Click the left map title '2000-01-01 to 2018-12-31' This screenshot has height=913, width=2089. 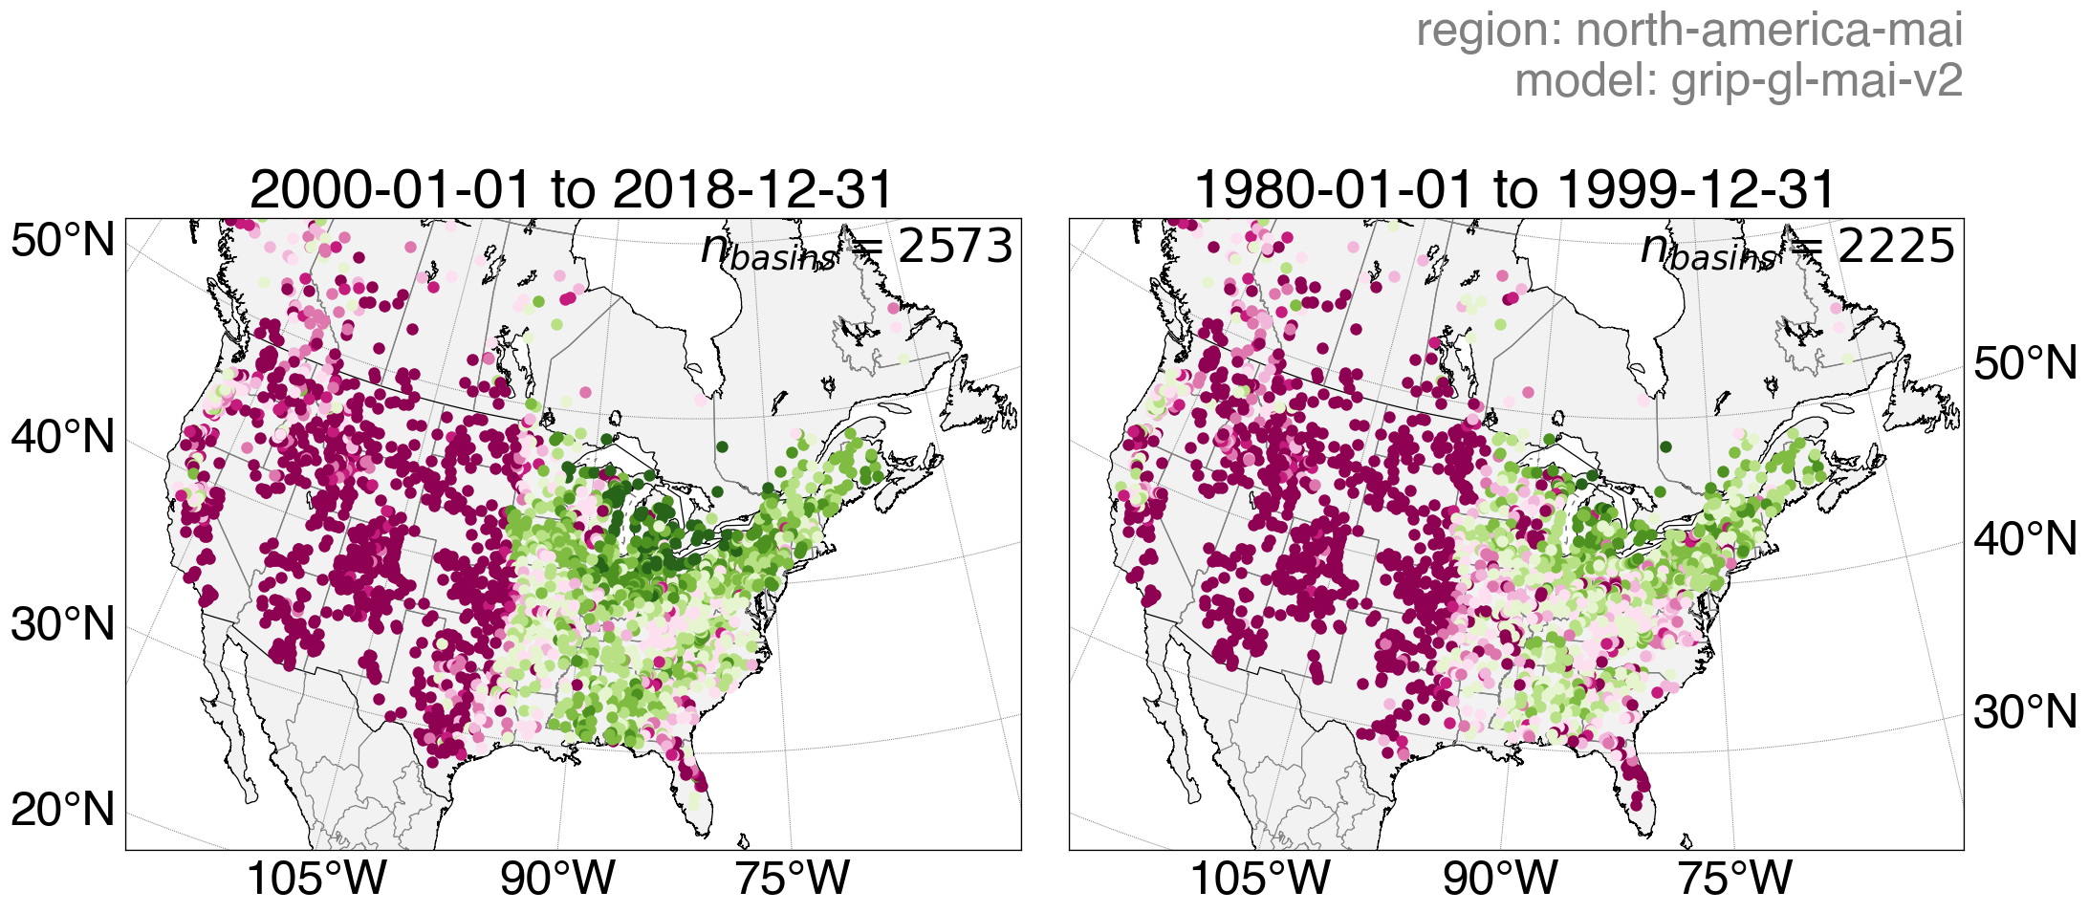tap(571, 189)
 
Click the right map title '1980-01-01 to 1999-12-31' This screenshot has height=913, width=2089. tap(1514, 189)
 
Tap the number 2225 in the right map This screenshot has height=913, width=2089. tap(1896, 247)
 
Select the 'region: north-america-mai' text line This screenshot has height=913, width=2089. tap(1688, 31)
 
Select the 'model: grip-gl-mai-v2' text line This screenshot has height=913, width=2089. tap(1738, 80)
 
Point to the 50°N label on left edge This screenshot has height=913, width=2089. tap(63, 241)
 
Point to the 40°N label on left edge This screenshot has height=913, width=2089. tap(63, 438)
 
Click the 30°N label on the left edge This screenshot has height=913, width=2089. tap(63, 625)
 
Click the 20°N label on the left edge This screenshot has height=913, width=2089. tap(63, 810)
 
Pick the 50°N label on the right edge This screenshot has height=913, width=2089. tap(2025, 364)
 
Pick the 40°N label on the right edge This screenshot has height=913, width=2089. tap(2025, 540)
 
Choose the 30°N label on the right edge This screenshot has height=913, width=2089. tap(2025, 713)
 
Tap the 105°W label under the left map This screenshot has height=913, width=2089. tap(316, 878)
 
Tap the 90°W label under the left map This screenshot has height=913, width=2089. tap(557, 878)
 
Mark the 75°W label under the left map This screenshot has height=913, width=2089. tap(792, 878)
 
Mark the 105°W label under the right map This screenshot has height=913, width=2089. tap(1260, 878)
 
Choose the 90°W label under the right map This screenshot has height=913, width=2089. tap(1500, 878)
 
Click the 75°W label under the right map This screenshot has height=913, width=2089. tap(1734, 878)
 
